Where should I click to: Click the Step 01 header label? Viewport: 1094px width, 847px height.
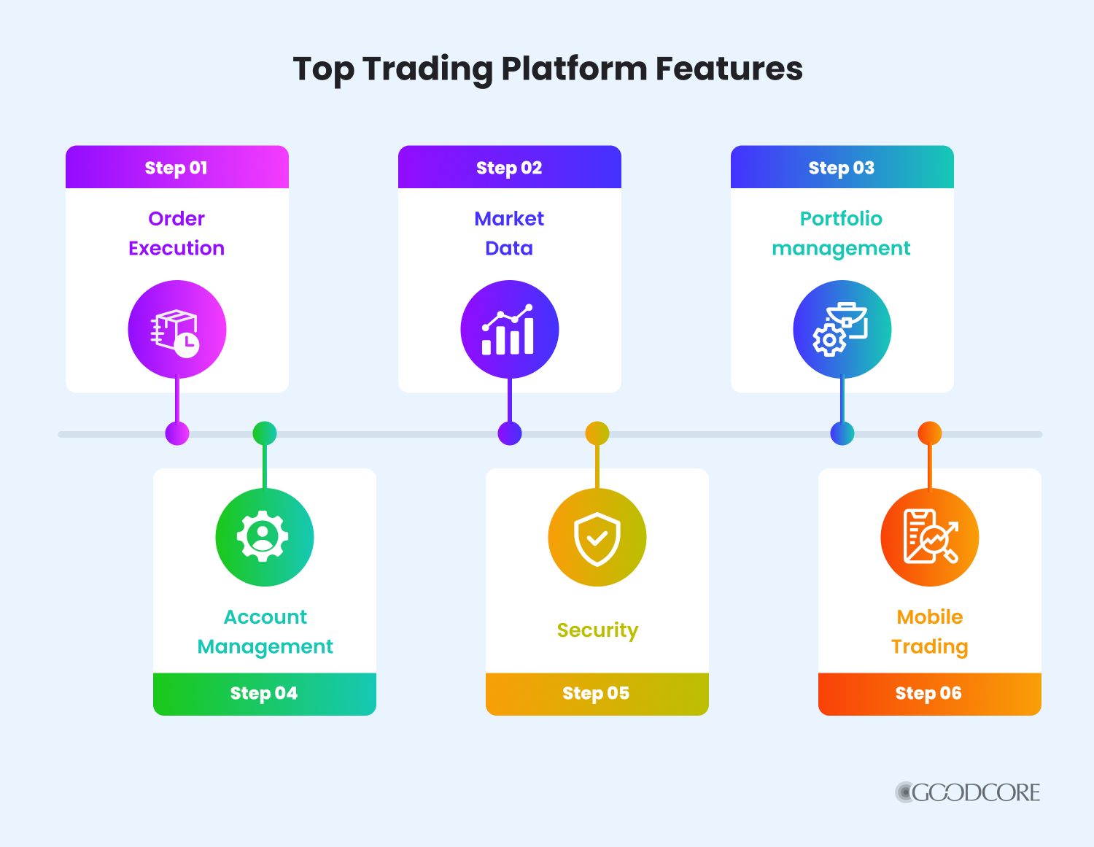pyautogui.click(x=176, y=168)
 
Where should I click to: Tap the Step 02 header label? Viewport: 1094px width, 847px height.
pyautogui.click(x=509, y=168)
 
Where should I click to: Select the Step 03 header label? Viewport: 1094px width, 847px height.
pyautogui.click(x=842, y=168)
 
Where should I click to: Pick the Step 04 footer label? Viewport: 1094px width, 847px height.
pyautogui.click(x=264, y=693)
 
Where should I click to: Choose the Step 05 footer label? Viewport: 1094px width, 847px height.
pyautogui.click(x=596, y=693)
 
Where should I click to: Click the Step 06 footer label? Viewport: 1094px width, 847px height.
pyautogui.click(x=928, y=693)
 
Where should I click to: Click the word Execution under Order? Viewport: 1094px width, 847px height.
pyautogui.click(x=176, y=248)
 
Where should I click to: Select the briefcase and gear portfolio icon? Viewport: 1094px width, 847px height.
pyautogui.click(x=842, y=330)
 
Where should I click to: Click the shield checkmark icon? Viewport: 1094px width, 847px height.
pyautogui.click(x=597, y=538)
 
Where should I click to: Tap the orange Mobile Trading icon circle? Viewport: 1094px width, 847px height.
pyautogui.click(x=929, y=538)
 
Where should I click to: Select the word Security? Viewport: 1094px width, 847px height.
pyautogui.click(x=597, y=630)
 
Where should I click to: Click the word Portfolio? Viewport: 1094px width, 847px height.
pyautogui.click(x=841, y=218)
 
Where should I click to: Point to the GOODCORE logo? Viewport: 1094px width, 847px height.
pyautogui.click(x=968, y=793)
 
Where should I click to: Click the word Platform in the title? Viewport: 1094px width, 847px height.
pyautogui.click(x=574, y=69)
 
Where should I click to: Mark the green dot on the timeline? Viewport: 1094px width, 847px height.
pyautogui.click(x=265, y=433)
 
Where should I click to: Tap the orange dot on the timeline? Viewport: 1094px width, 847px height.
pyautogui.click(x=929, y=433)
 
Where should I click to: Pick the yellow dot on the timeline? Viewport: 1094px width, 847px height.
pyautogui.click(x=597, y=433)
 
